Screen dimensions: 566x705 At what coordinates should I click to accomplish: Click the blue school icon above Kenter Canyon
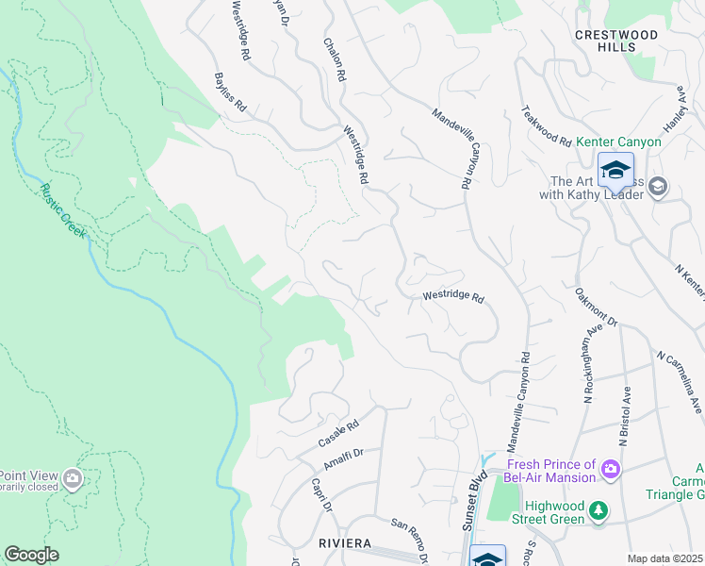[x=615, y=172]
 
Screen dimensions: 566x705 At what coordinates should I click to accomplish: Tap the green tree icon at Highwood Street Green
[x=598, y=511]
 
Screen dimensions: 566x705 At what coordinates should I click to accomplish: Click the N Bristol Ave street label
[x=623, y=414]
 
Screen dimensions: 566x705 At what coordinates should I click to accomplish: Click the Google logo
[x=31, y=555]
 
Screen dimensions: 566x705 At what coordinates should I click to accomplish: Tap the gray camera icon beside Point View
[x=73, y=480]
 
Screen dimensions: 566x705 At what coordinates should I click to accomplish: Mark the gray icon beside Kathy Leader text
[x=657, y=187]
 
